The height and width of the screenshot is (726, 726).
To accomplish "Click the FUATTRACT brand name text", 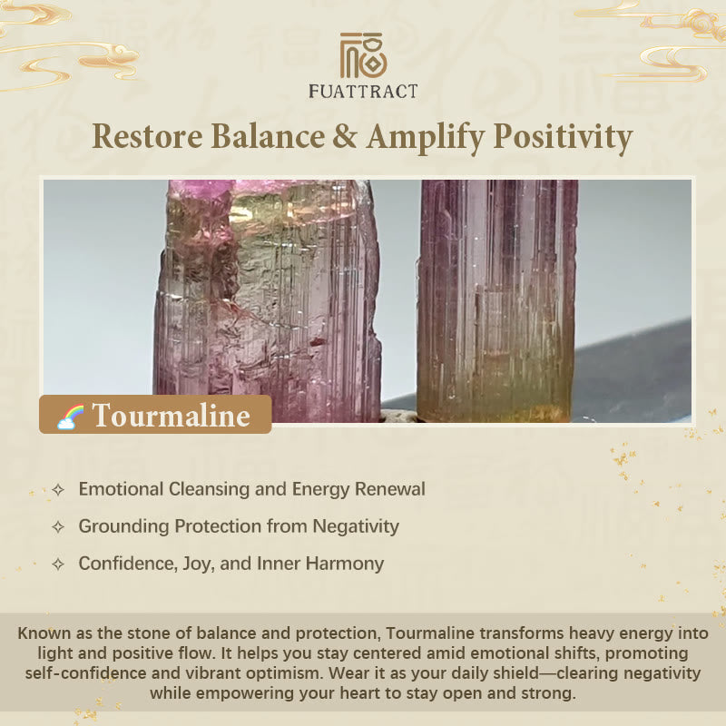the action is pyautogui.click(x=363, y=92).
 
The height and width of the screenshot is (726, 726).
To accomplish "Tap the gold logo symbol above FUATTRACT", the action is pyautogui.click(x=363, y=55).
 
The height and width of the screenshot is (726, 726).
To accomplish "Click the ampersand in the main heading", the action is pyautogui.click(x=345, y=137).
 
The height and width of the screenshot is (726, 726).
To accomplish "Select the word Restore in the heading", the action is pyautogui.click(x=147, y=137).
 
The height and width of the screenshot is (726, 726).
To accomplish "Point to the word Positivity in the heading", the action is pyautogui.click(x=563, y=138).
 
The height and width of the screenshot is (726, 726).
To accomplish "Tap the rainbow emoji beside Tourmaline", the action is pyautogui.click(x=71, y=417).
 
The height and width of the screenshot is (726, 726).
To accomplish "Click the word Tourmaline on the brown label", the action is pyautogui.click(x=172, y=416).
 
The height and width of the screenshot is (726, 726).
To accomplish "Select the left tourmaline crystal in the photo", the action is pyautogui.click(x=268, y=301).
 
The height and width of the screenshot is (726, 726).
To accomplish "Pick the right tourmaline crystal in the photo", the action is pyautogui.click(x=496, y=301).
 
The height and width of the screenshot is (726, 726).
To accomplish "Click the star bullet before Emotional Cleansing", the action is pyautogui.click(x=58, y=490).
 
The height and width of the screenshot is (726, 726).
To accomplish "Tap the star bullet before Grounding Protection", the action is pyautogui.click(x=58, y=527).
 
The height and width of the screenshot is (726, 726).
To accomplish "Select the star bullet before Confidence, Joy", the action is pyautogui.click(x=58, y=564).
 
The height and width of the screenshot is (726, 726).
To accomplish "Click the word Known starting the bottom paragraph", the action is pyautogui.click(x=44, y=633).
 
